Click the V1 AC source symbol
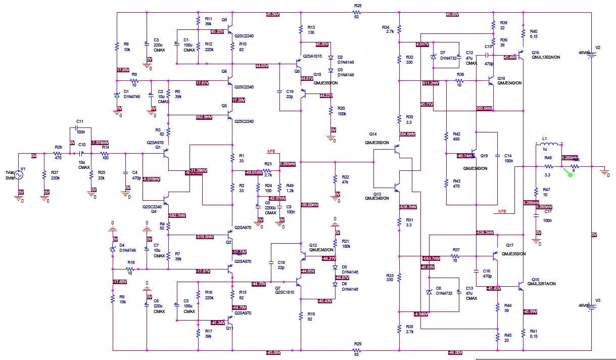tap(19, 175)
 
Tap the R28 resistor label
tap(358, 6)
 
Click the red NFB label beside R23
tap(271, 151)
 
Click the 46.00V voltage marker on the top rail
tap(452, 14)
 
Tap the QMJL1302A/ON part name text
tap(546, 58)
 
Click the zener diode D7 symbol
tap(433, 57)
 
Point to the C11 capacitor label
tap(80, 122)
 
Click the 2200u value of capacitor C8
tap(270, 208)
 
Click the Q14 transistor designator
tap(373, 134)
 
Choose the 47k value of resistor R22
tap(346, 182)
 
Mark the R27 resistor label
tap(55, 173)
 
